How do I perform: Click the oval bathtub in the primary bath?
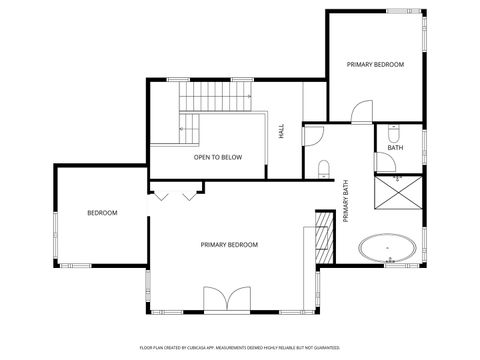(386, 250)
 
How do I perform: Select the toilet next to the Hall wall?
(324, 168)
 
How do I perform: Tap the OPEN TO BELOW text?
(217, 157)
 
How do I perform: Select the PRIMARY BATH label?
(345, 201)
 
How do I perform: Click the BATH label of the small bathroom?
(396, 148)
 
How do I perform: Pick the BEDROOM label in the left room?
(102, 213)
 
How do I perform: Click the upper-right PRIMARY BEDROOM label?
(375, 64)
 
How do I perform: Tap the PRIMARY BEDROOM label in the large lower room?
(229, 245)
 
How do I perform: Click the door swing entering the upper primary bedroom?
(361, 112)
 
